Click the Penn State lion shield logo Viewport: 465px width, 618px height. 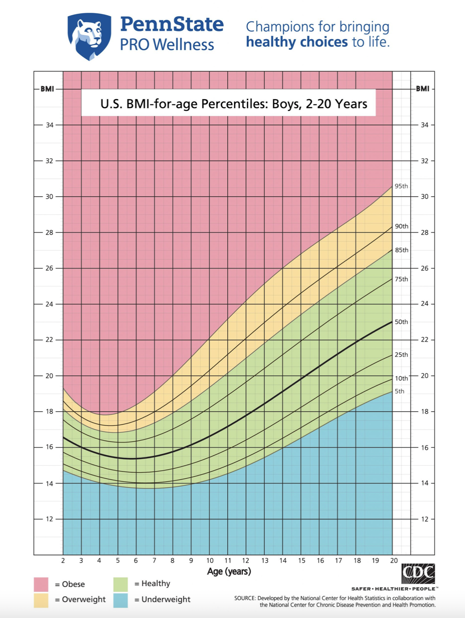click(89, 36)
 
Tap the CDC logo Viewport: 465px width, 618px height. click(418, 573)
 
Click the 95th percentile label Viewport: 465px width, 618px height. click(401, 186)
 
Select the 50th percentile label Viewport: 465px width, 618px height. click(401, 322)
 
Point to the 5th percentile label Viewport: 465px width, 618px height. click(399, 391)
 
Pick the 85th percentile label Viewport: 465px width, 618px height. click(401, 250)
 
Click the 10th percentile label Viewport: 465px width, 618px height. click(401, 378)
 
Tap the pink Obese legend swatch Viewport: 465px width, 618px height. click(41, 584)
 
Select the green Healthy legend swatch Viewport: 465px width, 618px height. click(120, 584)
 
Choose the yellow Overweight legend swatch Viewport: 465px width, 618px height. click(41, 600)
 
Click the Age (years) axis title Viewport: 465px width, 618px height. click(229, 571)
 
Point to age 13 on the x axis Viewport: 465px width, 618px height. click(265, 561)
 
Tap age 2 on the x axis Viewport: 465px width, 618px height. click(63, 561)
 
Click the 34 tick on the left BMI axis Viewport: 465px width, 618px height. click(50, 125)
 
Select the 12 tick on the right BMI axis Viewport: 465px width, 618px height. click(424, 519)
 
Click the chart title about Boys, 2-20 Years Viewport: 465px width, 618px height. click(233, 104)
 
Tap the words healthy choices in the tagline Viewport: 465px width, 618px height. click(297, 42)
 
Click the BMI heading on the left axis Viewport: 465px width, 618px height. click(47, 89)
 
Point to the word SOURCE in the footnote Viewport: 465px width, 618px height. click(245, 598)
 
